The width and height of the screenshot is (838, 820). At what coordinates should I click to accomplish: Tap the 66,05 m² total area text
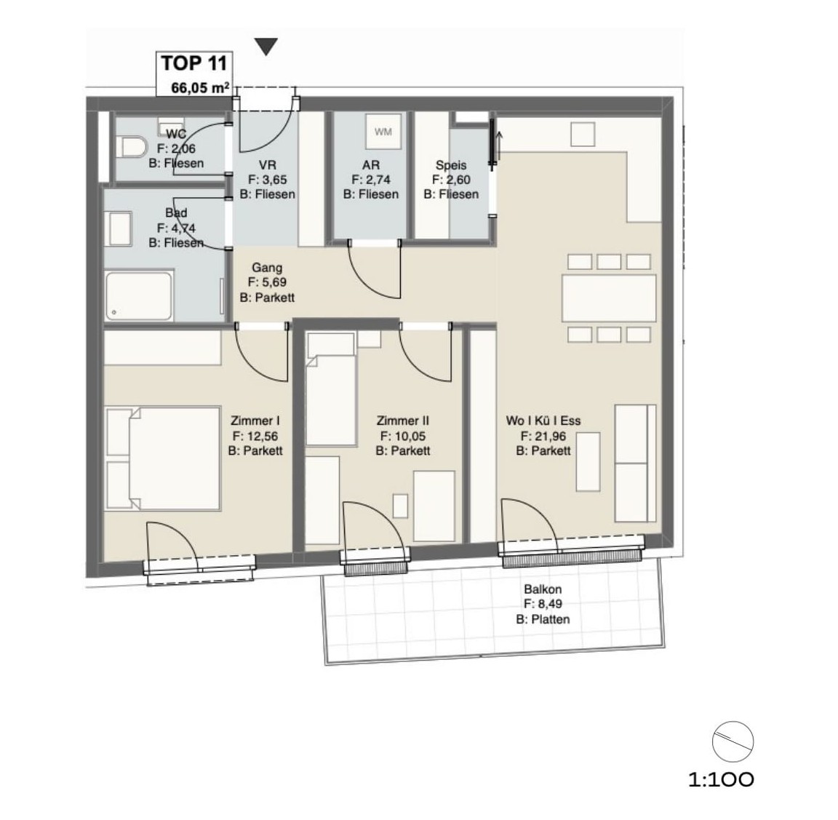[200, 87]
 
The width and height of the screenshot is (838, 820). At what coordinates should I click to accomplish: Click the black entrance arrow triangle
[267, 47]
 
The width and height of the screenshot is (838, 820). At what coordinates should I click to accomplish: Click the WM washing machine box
[383, 132]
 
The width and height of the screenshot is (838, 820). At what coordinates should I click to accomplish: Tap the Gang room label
[267, 268]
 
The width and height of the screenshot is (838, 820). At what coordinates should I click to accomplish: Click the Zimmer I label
[255, 421]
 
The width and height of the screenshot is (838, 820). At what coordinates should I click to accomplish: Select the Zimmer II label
[402, 421]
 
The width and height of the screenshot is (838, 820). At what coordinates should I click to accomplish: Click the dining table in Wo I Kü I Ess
[608, 298]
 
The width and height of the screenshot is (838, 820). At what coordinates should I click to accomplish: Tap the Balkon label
[542, 590]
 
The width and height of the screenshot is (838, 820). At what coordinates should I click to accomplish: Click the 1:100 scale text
[721, 780]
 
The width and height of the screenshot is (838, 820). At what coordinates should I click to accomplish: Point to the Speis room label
[450, 165]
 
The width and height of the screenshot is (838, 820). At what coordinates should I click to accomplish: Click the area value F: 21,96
[543, 436]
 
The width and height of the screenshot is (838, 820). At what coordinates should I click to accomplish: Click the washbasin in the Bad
[121, 228]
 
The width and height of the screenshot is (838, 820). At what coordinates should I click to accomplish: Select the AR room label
[370, 165]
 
